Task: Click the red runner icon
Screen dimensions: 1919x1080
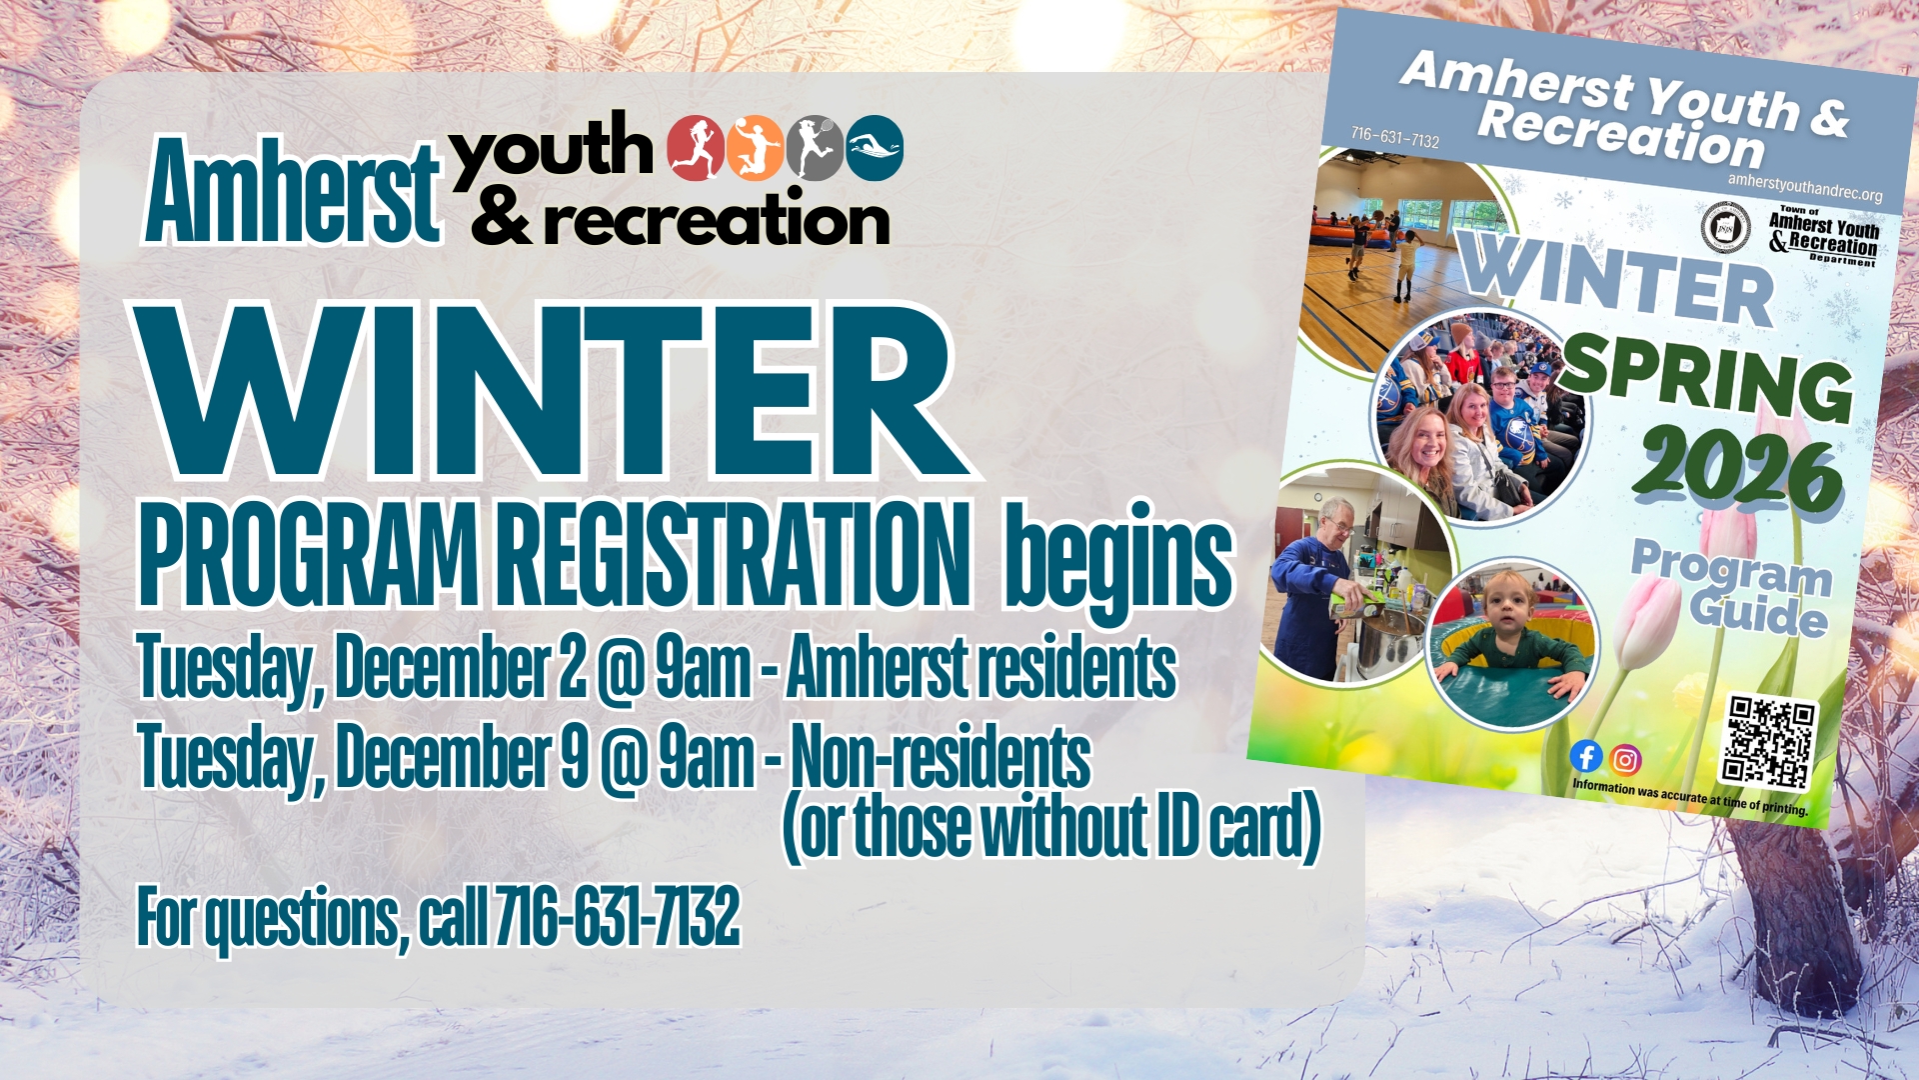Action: pos(696,148)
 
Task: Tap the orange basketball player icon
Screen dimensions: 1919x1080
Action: pos(756,148)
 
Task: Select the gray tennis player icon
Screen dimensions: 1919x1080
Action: pos(816,148)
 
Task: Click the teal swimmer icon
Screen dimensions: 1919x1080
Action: pos(875,148)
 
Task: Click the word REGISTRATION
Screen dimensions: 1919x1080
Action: pos(733,554)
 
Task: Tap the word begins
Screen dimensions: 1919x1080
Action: pos(1119,562)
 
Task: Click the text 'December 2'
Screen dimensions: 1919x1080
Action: pos(461,667)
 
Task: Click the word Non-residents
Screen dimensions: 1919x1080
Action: pos(941,757)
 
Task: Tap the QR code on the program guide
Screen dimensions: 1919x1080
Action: pos(1768,743)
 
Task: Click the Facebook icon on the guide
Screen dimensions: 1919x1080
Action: pos(1586,756)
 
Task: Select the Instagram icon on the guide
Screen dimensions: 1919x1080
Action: pos(1626,761)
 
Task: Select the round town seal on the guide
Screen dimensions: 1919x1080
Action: pos(1726,227)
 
